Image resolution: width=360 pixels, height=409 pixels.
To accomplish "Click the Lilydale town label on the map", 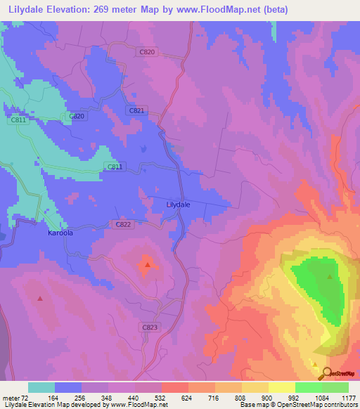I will tap(178, 204).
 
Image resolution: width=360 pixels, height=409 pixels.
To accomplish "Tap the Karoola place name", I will tap(60, 232).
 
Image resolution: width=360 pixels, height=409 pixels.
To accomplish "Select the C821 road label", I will tap(137, 111).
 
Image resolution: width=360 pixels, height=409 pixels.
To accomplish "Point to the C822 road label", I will tap(122, 224).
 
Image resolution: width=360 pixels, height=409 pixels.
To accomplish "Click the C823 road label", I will tap(150, 327).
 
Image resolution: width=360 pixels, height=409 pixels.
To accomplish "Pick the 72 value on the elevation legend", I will tap(29, 397).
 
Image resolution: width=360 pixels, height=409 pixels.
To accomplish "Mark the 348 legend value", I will tap(108, 397).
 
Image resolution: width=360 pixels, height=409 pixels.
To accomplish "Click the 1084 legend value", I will tap(321, 397).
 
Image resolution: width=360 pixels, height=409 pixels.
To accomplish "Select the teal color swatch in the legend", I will tap(41, 387).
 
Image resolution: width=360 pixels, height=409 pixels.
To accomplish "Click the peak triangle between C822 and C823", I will tap(148, 265).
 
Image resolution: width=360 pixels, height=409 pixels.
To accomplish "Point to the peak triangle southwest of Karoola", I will tap(40, 298).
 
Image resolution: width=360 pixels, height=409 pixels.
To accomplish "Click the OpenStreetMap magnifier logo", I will tap(324, 373).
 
